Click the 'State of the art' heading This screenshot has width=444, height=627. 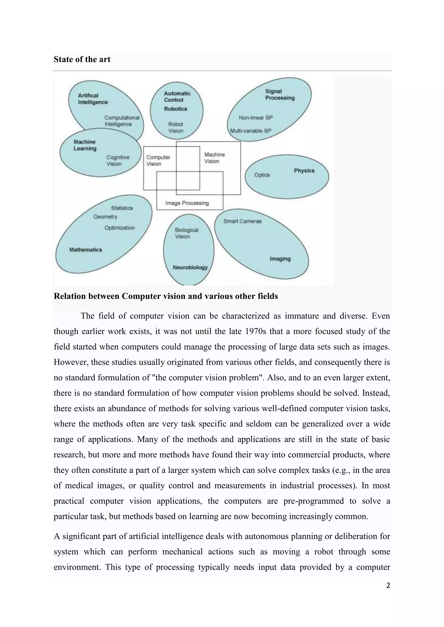[82, 59]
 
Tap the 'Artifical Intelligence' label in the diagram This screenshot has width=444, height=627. [93, 99]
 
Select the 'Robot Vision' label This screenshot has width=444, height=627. [176, 128]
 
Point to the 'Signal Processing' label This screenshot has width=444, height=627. [279, 94]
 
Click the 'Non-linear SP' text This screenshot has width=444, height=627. [256, 118]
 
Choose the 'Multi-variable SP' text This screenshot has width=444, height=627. [250, 131]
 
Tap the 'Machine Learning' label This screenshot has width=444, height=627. [85, 145]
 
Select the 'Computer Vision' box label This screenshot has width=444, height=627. [158, 160]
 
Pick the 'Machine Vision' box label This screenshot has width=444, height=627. [214, 158]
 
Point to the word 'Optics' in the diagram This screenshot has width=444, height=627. [262, 175]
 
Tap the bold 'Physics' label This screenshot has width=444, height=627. [304, 171]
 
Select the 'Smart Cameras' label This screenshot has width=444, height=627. [242, 221]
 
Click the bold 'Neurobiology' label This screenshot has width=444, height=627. [190, 267]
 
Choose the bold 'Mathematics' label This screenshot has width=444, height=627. [86, 250]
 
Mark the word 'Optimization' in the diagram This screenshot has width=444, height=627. [119, 228]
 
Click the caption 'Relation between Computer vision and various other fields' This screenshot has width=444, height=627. [166, 296]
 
